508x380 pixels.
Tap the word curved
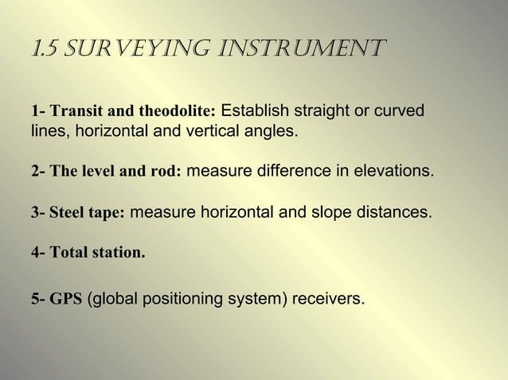coord(401,110)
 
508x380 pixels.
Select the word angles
coord(272,130)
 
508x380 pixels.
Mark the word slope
coord(323,213)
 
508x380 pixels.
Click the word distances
coord(389,213)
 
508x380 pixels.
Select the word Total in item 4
coord(69,254)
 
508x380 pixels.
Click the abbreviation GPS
coord(65,301)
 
